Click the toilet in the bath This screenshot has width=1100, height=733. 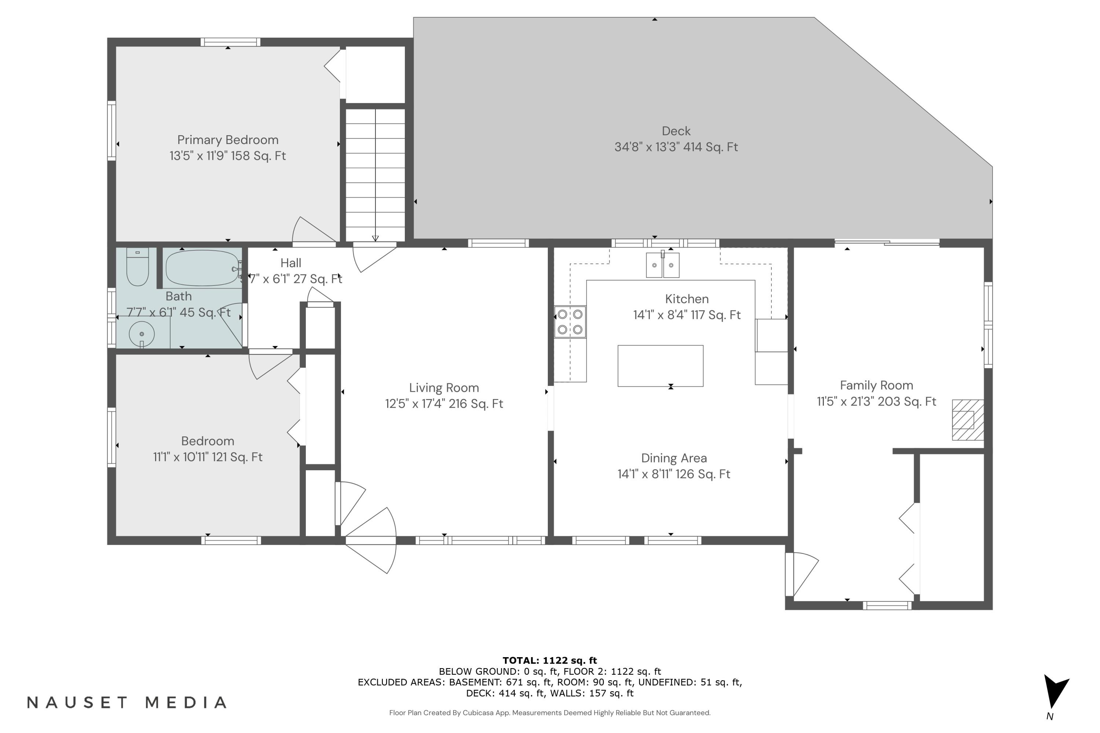point(137,268)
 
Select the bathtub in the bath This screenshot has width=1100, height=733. point(202,268)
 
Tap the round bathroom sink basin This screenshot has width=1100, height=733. point(142,334)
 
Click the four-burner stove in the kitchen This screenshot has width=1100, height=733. point(570,322)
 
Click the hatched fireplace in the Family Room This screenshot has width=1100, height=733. point(967,419)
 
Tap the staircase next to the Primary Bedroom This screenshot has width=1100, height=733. point(375,175)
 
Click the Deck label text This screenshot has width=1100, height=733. point(676,131)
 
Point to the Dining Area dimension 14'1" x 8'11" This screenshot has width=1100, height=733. point(674,474)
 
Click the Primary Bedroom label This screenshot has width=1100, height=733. point(228,140)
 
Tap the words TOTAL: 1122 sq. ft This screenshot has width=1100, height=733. point(550,660)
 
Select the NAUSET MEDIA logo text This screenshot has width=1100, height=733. point(127,702)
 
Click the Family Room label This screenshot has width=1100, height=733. point(876,385)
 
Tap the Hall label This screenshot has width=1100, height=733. point(290,263)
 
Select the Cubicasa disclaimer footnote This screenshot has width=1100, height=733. point(550,712)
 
